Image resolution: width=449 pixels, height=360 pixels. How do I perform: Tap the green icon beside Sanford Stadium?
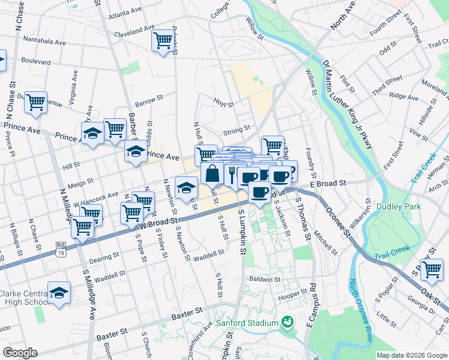tap(288, 323)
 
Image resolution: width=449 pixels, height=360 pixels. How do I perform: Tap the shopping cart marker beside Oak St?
tap(432, 270)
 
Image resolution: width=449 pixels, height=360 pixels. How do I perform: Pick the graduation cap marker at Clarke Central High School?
tap(59, 293)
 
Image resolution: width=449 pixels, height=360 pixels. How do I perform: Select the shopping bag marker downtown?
tap(212, 174)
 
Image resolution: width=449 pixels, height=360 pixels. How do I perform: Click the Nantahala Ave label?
tap(44, 42)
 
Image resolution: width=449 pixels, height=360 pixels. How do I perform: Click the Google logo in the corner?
tap(20, 353)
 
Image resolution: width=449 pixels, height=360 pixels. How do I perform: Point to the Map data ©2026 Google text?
tap(412, 355)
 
